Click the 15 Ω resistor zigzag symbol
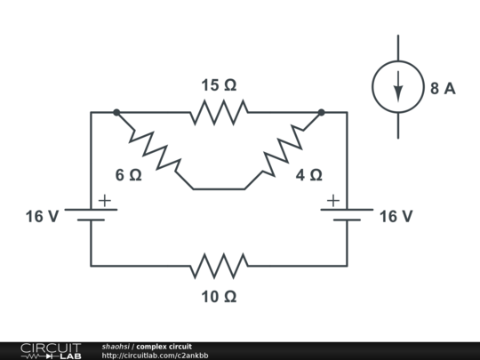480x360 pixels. (219, 113)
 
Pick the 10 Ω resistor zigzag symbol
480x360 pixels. (219, 265)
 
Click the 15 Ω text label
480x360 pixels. (219, 86)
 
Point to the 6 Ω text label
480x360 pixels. (128, 175)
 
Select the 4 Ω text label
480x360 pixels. (308, 175)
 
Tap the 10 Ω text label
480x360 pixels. (219, 297)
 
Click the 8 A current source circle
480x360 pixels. (397, 87)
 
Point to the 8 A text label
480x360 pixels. (443, 88)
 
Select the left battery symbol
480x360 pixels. (91, 215)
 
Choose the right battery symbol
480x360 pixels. (347, 215)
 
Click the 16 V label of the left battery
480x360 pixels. (42, 216)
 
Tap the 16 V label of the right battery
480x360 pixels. (396, 216)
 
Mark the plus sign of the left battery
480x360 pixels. (105, 201)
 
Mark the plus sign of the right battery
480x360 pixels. (333, 201)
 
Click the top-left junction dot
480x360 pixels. (116, 113)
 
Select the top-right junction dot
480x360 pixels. (321, 113)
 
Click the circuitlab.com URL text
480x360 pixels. (155, 356)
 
